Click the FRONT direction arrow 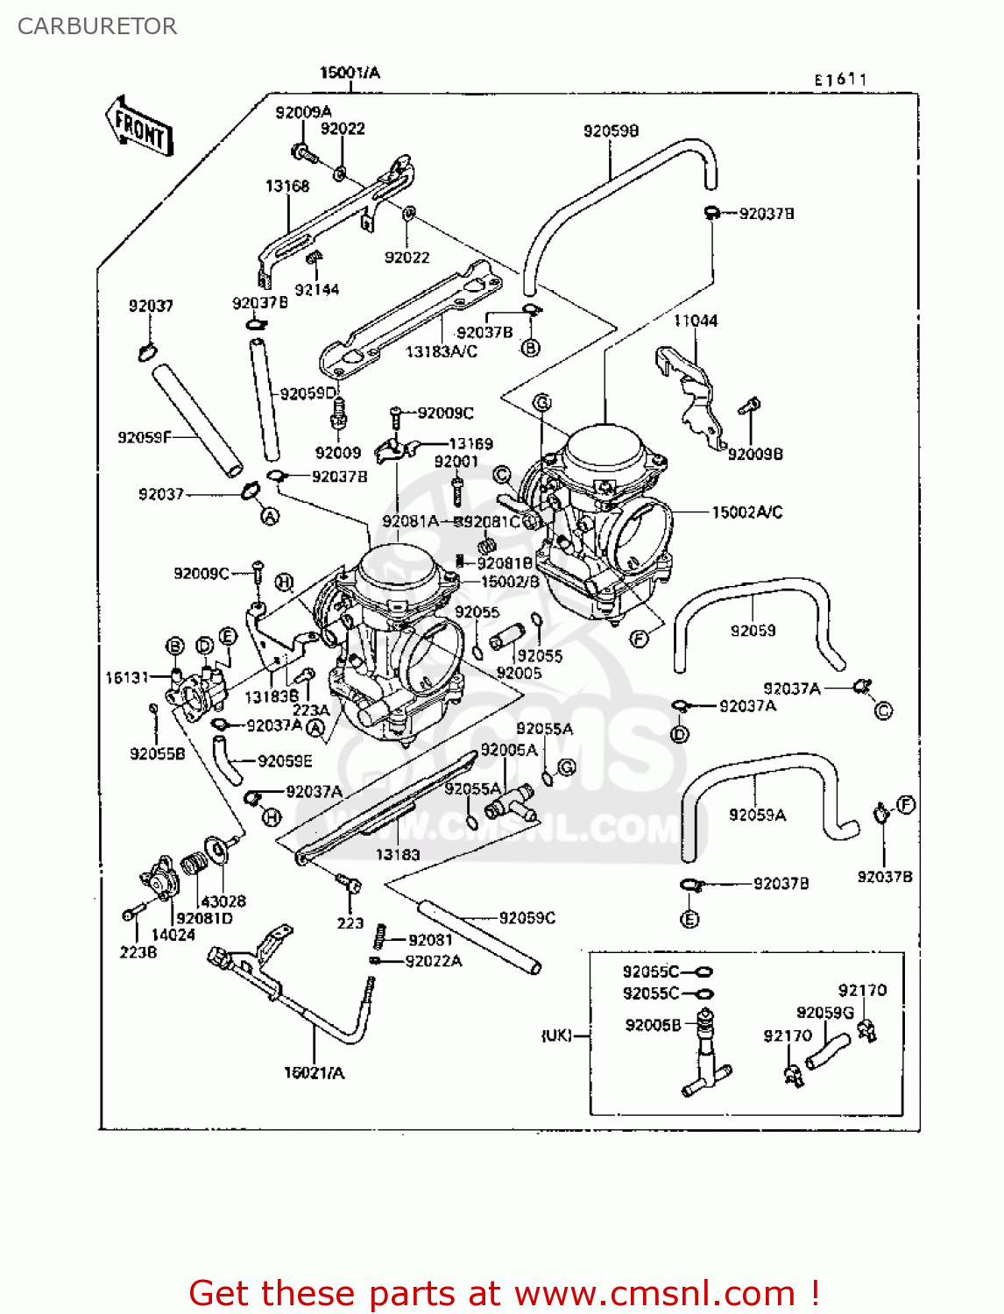point(140,127)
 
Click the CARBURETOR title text point(96,26)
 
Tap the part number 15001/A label point(350,73)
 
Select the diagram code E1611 point(840,80)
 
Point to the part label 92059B point(611,131)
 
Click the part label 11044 point(696,321)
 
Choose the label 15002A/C point(746,512)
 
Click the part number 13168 point(287,187)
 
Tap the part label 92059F point(145,437)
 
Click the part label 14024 point(173,935)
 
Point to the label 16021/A point(314,1073)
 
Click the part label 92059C point(527,918)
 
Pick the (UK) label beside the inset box point(556,1035)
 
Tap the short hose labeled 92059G point(827,1050)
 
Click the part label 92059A point(757,816)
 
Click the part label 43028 point(223,901)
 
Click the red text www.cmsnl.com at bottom point(654,1293)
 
